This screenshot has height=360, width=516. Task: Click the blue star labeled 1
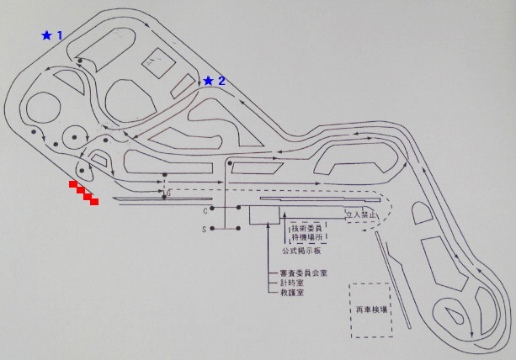[46, 35]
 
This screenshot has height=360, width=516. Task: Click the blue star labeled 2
[208, 81]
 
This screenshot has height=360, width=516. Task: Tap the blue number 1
[60, 35]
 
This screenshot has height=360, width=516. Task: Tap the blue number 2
[221, 81]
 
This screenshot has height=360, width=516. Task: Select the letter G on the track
[168, 193]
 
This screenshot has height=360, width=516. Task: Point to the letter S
[204, 229]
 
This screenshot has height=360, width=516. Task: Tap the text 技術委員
[306, 229]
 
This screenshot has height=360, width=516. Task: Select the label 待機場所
[306, 238]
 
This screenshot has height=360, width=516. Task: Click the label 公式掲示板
[299, 251]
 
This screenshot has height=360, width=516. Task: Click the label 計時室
[291, 283]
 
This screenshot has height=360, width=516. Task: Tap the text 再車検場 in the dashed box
[371, 310]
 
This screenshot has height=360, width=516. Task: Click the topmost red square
[73, 183]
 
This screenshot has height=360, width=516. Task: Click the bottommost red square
[94, 202]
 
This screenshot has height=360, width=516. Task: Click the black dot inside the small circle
[75, 137]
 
